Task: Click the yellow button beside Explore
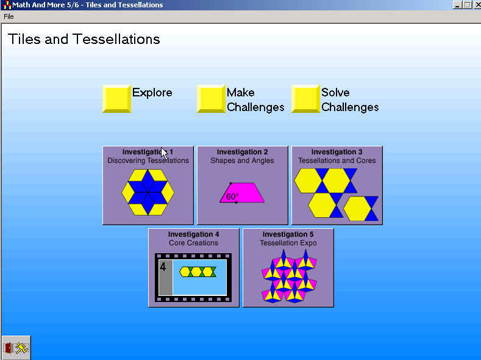116,98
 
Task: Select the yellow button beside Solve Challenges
305,98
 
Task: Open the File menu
9,16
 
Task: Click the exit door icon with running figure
16,348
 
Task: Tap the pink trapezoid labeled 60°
242,193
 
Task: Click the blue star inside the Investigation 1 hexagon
148,192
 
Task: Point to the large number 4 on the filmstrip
163,267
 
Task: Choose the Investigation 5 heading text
288,234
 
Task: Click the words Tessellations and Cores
337,160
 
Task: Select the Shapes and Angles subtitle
242,160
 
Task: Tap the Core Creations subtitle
194,243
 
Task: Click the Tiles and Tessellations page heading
84,39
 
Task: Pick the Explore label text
152,93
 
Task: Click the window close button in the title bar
477,5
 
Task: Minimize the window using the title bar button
457,5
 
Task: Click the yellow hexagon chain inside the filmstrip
198,272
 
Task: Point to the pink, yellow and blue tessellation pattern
289,276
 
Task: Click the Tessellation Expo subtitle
288,243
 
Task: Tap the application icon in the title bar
6,5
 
